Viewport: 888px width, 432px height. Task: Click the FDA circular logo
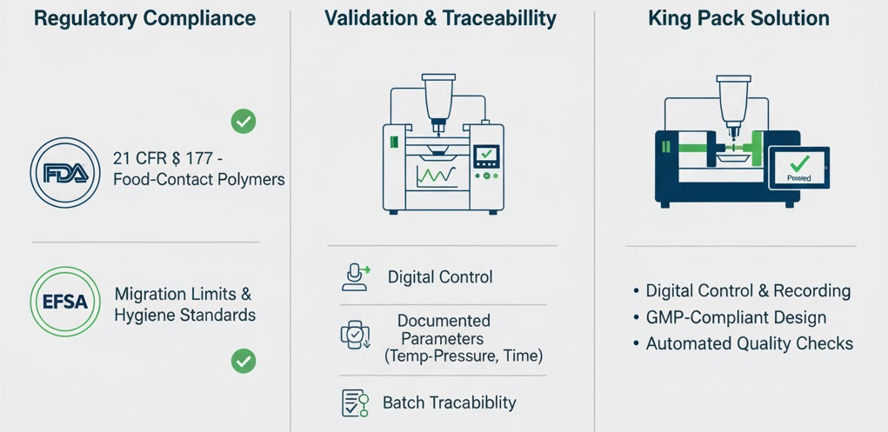tap(65, 173)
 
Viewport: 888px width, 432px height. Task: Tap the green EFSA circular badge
tap(65, 302)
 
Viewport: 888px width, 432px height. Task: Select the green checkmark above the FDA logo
tap(244, 121)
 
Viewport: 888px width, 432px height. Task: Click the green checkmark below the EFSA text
tap(244, 361)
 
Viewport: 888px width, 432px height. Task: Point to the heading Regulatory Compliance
tap(145, 18)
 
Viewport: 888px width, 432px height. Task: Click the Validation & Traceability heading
tap(441, 18)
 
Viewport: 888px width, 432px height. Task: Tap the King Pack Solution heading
tap(739, 18)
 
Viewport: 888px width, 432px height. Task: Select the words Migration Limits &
tap(183, 295)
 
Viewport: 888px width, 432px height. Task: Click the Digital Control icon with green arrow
tap(356, 277)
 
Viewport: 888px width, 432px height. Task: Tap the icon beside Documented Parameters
tap(355, 336)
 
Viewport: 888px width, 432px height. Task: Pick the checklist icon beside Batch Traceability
tap(355, 402)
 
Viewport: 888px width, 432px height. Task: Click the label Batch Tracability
tap(449, 402)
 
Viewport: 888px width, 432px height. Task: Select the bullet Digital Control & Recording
tap(742, 291)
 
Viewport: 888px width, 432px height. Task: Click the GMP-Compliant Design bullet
tap(730, 317)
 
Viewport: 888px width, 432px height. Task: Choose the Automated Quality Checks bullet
tap(743, 343)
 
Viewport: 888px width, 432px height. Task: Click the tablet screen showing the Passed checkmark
tap(799, 168)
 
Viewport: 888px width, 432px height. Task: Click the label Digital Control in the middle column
tap(440, 277)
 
